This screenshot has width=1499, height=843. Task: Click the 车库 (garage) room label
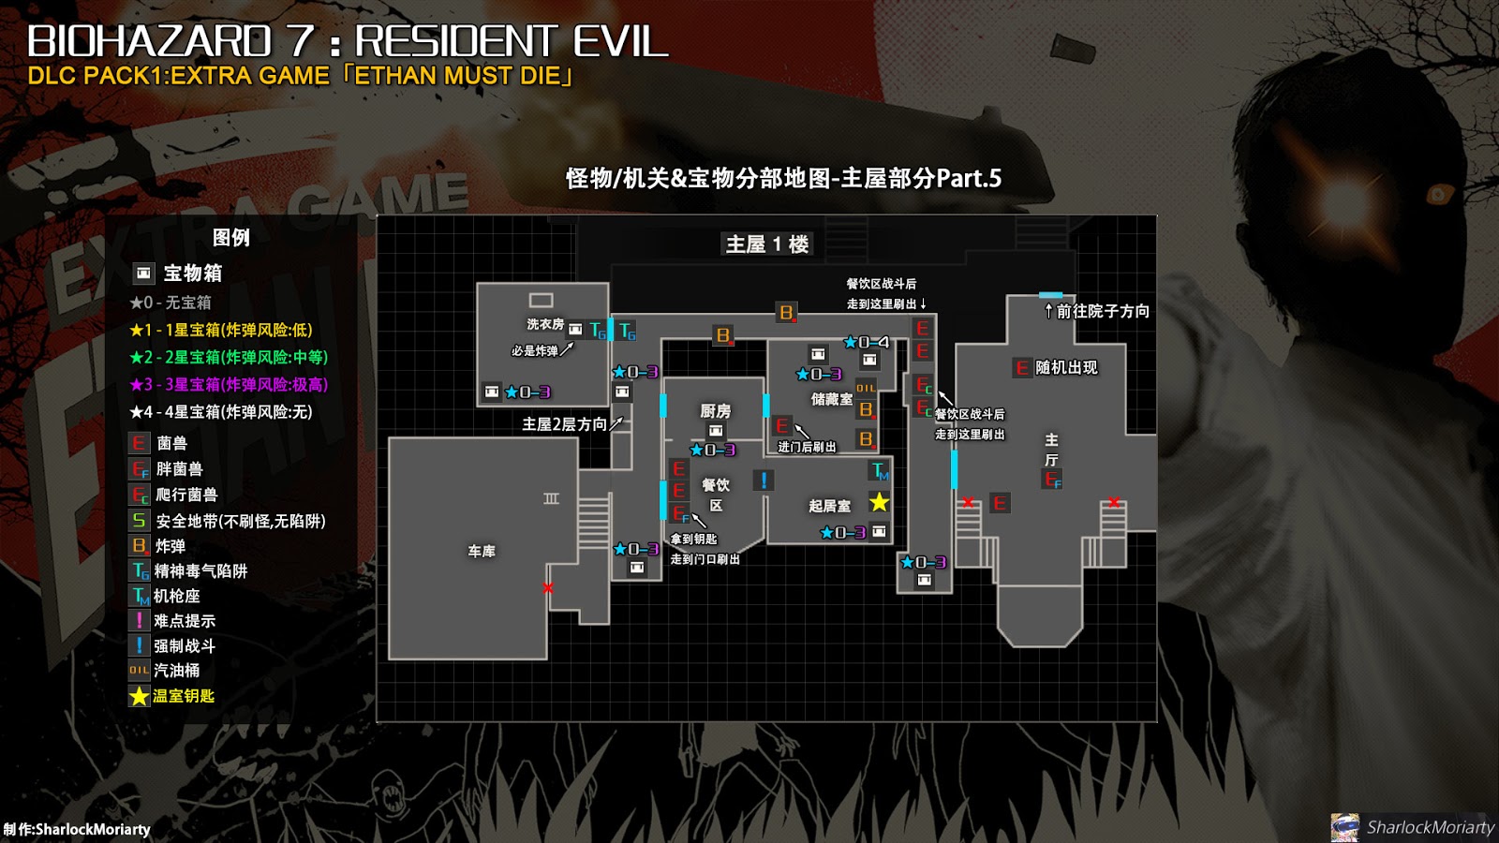click(482, 552)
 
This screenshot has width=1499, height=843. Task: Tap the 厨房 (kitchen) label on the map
click(715, 411)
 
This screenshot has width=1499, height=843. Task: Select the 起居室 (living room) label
click(829, 506)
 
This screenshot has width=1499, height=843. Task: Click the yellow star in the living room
click(879, 502)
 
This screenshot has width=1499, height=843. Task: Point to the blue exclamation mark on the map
click(764, 481)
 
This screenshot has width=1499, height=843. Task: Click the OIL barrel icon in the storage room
click(866, 388)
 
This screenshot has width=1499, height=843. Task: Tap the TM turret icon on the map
click(880, 470)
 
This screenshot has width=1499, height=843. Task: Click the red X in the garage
click(548, 588)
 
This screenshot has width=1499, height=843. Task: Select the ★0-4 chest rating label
click(867, 342)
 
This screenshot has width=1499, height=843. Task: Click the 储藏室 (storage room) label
click(831, 399)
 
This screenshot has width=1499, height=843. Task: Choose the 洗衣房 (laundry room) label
click(545, 324)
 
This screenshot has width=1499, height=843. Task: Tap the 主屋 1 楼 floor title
click(767, 244)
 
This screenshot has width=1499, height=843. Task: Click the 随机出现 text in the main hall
click(1066, 368)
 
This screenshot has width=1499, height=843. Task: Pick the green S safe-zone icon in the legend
click(139, 521)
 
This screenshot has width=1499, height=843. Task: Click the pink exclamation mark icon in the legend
click(139, 620)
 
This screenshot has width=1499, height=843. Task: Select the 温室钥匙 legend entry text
click(184, 696)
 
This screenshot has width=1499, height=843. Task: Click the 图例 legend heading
click(230, 238)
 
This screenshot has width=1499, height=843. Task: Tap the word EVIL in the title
click(620, 41)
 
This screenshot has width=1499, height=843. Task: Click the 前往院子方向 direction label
click(1102, 311)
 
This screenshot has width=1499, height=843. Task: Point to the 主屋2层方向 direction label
click(564, 424)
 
